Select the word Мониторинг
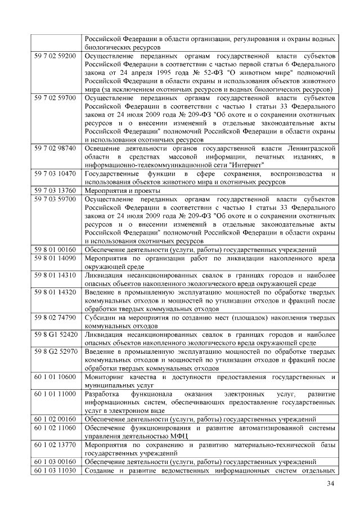click(106, 376)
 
